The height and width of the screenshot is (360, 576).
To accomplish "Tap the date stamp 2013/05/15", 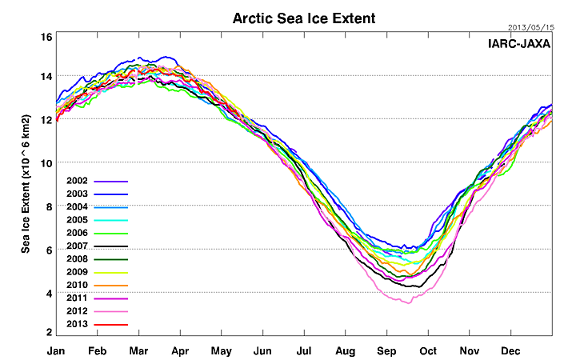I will (x=530, y=27).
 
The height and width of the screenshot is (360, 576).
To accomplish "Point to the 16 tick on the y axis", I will (x=46, y=38).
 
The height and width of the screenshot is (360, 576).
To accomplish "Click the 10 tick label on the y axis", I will (x=46, y=163).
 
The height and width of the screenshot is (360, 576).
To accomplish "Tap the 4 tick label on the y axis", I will (x=50, y=294).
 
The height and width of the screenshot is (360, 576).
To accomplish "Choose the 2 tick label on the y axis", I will (x=50, y=330).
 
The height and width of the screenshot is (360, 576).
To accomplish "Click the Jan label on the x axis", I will (x=56, y=350).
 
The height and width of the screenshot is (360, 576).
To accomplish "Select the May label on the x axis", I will (x=222, y=350).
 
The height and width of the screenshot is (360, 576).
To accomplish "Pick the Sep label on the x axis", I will (x=387, y=350).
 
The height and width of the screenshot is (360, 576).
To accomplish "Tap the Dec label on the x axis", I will (x=510, y=350).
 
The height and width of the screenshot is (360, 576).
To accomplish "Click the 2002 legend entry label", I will (x=78, y=182).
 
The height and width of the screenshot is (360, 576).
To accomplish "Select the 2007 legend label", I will (x=78, y=246).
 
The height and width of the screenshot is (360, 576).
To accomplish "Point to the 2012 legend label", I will (x=78, y=311).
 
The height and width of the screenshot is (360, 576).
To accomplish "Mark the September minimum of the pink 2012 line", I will (x=409, y=303).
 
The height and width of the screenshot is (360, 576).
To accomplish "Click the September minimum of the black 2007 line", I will (x=415, y=286).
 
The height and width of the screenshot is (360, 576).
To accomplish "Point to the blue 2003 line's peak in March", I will (x=141, y=58).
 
